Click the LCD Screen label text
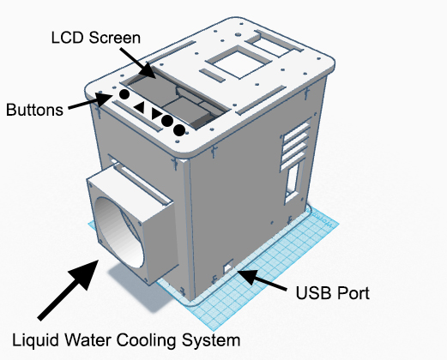(x=96, y=38)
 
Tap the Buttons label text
(x=34, y=110)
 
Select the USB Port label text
(x=333, y=293)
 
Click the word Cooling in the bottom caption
(x=146, y=340)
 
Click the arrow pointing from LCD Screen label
(x=138, y=63)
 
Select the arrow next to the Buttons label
(x=91, y=101)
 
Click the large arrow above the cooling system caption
(x=69, y=290)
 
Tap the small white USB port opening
(x=228, y=267)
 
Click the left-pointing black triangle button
(x=140, y=107)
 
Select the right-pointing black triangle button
(x=156, y=113)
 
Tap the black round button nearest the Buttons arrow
(x=124, y=94)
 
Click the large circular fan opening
(x=118, y=232)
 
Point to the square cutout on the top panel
(x=239, y=62)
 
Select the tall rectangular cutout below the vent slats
(x=293, y=182)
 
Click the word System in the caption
(x=211, y=340)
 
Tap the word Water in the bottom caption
(x=88, y=340)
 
